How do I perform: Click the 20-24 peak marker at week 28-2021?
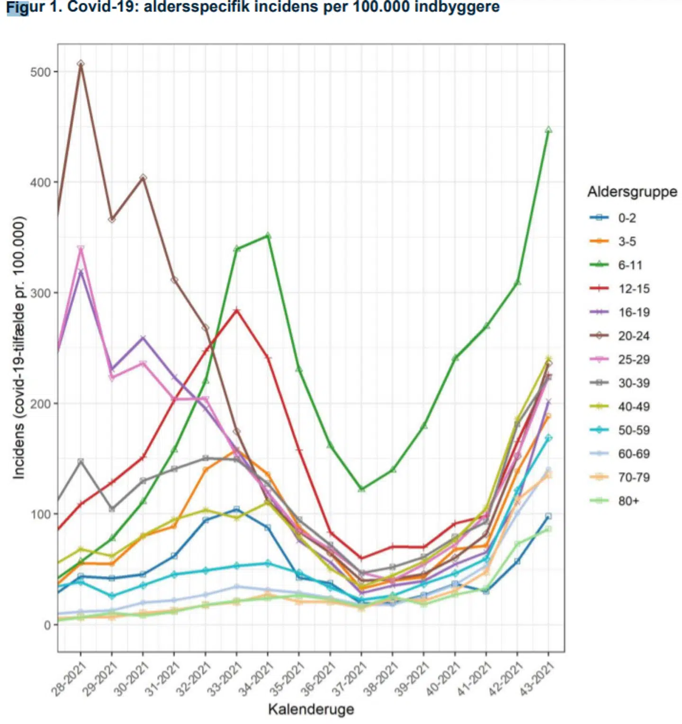(x=81, y=63)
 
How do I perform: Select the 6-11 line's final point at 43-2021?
(x=548, y=130)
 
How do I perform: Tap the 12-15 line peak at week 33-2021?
(x=237, y=310)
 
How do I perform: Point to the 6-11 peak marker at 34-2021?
(x=268, y=235)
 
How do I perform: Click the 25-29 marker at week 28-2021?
(x=81, y=249)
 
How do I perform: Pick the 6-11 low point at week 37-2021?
(x=361, y=489)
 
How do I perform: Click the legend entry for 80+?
(x=628, y=501)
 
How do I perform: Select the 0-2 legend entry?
(x=627, y=218)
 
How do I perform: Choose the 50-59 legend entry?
(x=633, y=430)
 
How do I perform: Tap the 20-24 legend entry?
(x=633, y=336)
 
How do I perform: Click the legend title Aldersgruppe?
(x=632, y=192)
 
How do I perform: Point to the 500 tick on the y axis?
(x=40, y=72)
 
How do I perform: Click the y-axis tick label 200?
(x=40, y=403)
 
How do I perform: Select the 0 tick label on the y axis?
(x=47, y=625)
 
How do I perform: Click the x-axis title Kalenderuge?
(x=311, y=709)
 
